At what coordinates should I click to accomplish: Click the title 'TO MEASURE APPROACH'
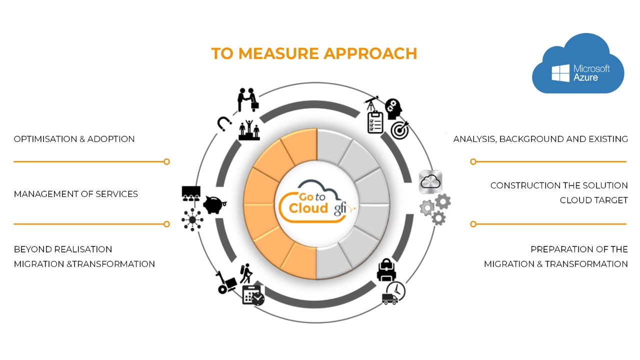coord(314,53)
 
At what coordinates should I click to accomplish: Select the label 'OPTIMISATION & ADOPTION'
coord(74,139)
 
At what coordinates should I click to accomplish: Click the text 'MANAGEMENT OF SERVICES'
coord(75,194)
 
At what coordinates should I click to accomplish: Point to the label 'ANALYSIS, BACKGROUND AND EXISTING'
coord(540,139)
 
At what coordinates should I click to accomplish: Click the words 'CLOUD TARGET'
coord(593,200)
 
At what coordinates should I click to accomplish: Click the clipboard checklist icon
coord(375,123)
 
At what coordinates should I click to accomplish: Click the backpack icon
coord(386,269)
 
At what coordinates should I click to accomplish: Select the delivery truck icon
coord(390,298)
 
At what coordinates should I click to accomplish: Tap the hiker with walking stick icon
coord(245,273)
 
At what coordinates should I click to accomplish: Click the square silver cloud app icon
coord(430,182)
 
